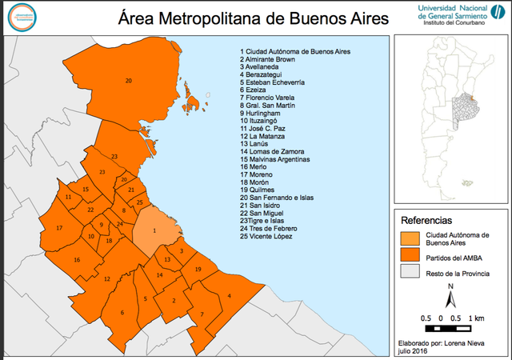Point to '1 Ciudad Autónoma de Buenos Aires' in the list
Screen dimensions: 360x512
click(295, 51)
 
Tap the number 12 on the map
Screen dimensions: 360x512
click(106, 278)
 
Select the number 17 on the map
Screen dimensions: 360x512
click(59, 228)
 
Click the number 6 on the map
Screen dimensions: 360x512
click(122, 312)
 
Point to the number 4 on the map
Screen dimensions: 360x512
click(230, 296)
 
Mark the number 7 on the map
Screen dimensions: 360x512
click(202, 314)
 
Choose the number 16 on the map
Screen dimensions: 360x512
click(77, 259)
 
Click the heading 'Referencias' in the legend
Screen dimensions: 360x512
click(426, 219)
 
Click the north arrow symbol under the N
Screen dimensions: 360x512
click(450, 300)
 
